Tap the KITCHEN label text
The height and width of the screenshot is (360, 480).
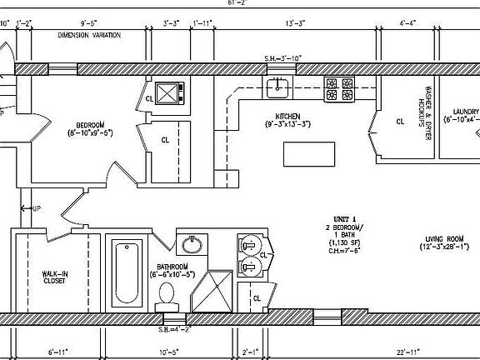pos(287,116)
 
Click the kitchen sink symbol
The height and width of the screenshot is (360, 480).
pos(277,85)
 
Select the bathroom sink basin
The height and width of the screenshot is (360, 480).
pos(192,244)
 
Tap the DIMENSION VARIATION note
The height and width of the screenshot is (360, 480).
pos(89,36)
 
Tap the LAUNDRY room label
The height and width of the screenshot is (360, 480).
pos(466,112)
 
